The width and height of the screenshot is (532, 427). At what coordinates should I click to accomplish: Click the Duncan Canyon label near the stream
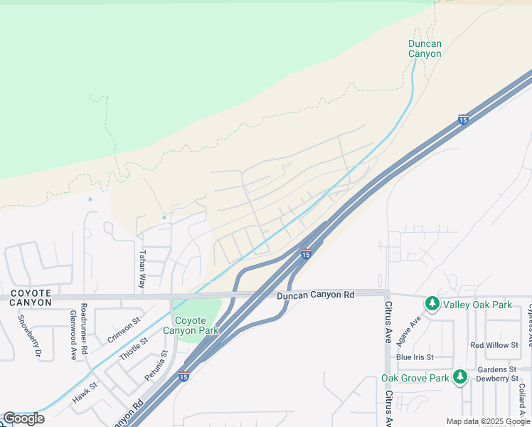tap(425, 48)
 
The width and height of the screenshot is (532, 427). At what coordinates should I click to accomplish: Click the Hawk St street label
tap(84, 393)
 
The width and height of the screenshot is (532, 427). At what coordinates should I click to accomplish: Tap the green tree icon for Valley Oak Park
tap(432, 304)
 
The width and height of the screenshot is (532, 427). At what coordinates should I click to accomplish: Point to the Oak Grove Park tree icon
tap(460, 376)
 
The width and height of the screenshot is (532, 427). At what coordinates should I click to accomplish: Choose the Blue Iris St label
tap(415, 357)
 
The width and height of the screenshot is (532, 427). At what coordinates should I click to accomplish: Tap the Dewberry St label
tap(497, 379)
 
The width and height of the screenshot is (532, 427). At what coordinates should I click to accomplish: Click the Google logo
tap(23, 418)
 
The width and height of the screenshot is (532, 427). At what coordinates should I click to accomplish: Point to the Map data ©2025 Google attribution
tap(489, 421)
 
